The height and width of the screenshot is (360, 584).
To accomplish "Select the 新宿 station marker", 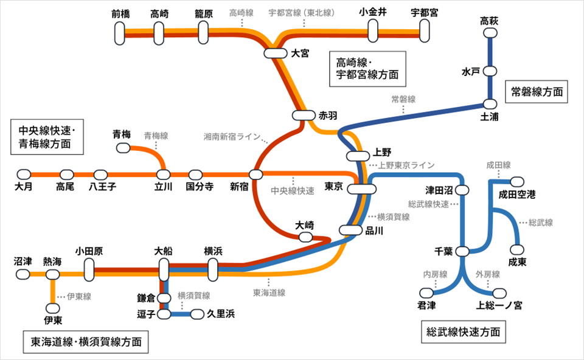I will pos(256,175).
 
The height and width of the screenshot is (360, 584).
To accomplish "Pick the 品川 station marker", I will pos(351,230).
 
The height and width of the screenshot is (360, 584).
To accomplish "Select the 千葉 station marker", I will pos(462,252).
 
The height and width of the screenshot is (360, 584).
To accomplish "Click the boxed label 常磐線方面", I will pos(536,92).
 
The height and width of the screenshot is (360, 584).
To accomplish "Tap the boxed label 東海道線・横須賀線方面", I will pos(85,342).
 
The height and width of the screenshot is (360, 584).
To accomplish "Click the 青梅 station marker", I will pos(123,148).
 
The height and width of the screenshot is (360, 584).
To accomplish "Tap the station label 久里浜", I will pos(221,314).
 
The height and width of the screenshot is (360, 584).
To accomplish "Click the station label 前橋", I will pos(121,13).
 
